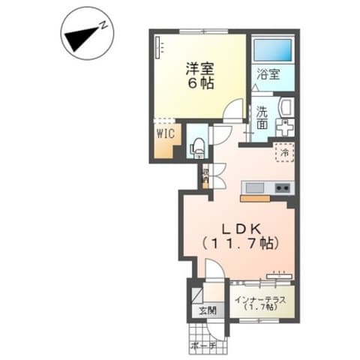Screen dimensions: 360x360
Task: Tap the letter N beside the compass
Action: (x=106, y=25)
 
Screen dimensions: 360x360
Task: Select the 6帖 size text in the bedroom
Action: (x=200, y=84)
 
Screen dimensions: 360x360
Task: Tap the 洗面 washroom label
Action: (x=261, y=117)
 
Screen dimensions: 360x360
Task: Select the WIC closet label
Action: (x=165, y=133)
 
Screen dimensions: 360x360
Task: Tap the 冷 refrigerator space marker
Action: (x=286, y=153)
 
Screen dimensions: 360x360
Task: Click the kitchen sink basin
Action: (x=253, y=187)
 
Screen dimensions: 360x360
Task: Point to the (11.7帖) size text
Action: (x=240, y=243)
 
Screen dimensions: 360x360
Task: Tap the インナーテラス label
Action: (x=258, y=299)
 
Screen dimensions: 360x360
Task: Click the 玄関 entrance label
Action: (x=206, y=310)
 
